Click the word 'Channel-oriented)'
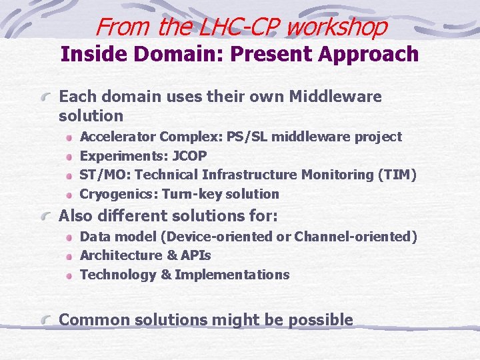tap(361, 237)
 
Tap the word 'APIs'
tap(196, 255)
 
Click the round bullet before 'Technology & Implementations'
tap(69, 275)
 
